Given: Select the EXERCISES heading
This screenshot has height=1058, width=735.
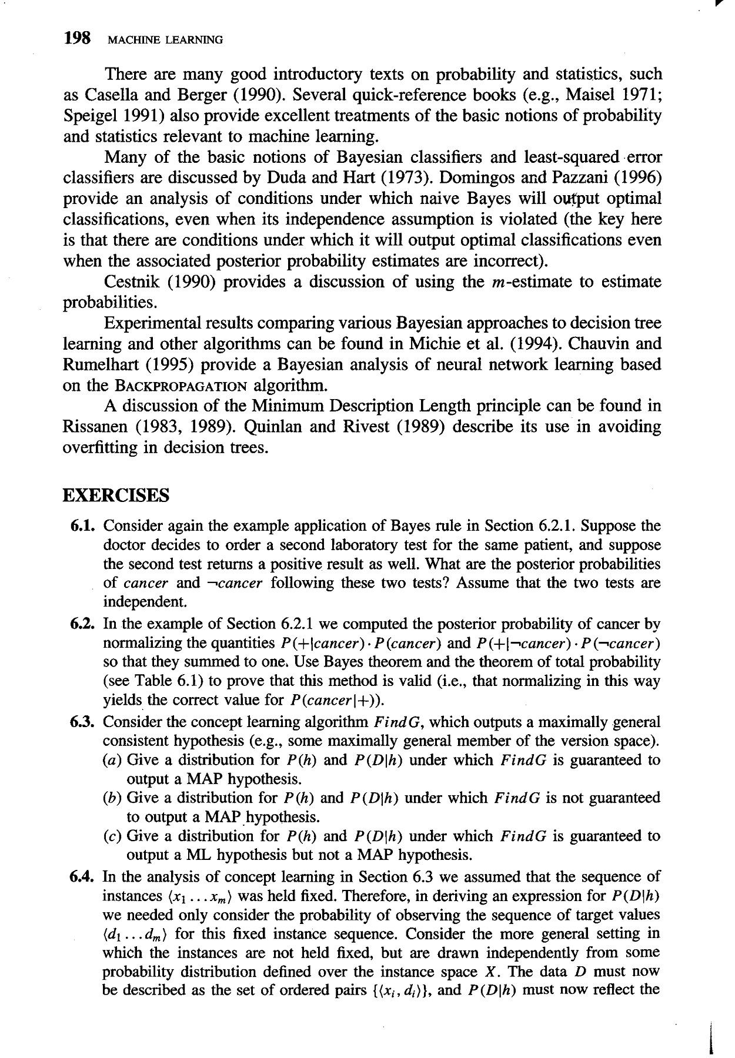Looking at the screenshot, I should (x=116, y=495).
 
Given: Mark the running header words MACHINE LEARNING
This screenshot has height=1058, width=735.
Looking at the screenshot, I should (x=163, y=41).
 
